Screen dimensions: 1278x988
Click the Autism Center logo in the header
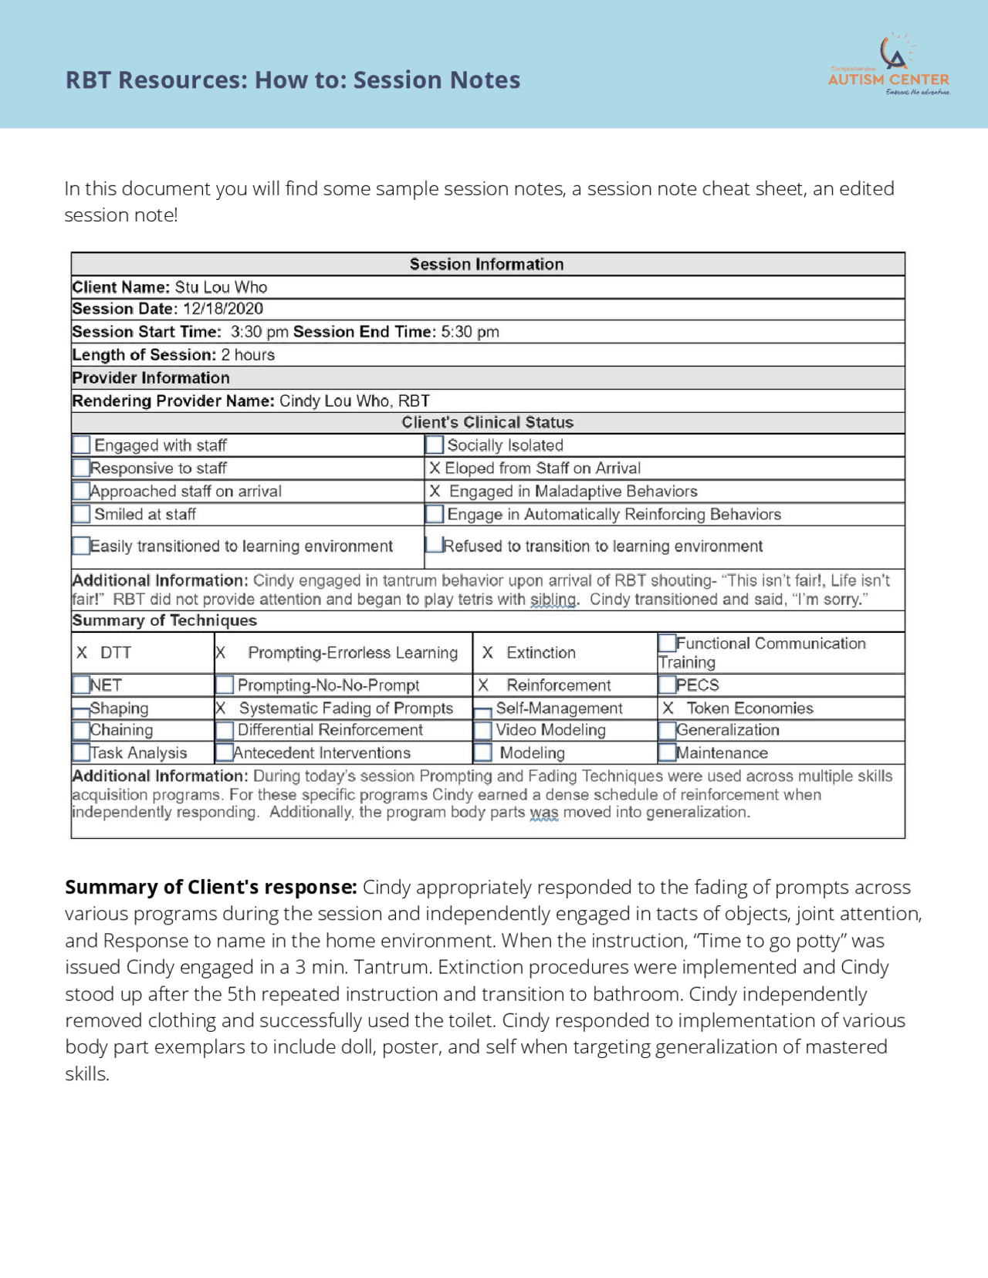tap(889, 66)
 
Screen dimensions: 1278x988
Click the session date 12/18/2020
tap(223, 309)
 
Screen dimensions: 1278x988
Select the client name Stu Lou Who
tap(221, 287)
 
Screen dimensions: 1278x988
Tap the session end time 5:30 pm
tap(470, 332)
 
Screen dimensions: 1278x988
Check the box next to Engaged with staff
tap(81, 445)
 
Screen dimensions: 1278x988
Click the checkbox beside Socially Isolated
tap(435, 445)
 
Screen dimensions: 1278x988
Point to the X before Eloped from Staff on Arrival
tap(435, 468)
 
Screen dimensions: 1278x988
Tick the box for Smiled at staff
tap(81, 514)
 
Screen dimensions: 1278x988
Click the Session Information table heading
tap(486, 264)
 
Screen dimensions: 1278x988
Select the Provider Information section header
tap(151, 378)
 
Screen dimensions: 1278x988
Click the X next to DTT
tap(82, 653)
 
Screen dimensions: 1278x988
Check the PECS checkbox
tap(667, 685)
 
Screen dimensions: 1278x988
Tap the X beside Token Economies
tap(668, 708)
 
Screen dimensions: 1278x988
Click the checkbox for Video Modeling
tap(482, 730)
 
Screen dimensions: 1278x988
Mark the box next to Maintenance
tap(667, 752)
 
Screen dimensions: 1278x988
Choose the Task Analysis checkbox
tap(81, 752)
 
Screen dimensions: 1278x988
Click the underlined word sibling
tap(553, 600)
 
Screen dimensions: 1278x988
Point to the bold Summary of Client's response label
tap(210, 887)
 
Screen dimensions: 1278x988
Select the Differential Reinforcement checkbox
tap(225, 730)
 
